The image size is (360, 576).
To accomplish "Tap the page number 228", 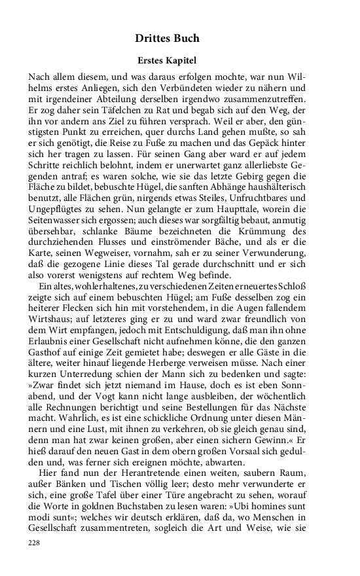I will (x=35, y=543).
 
